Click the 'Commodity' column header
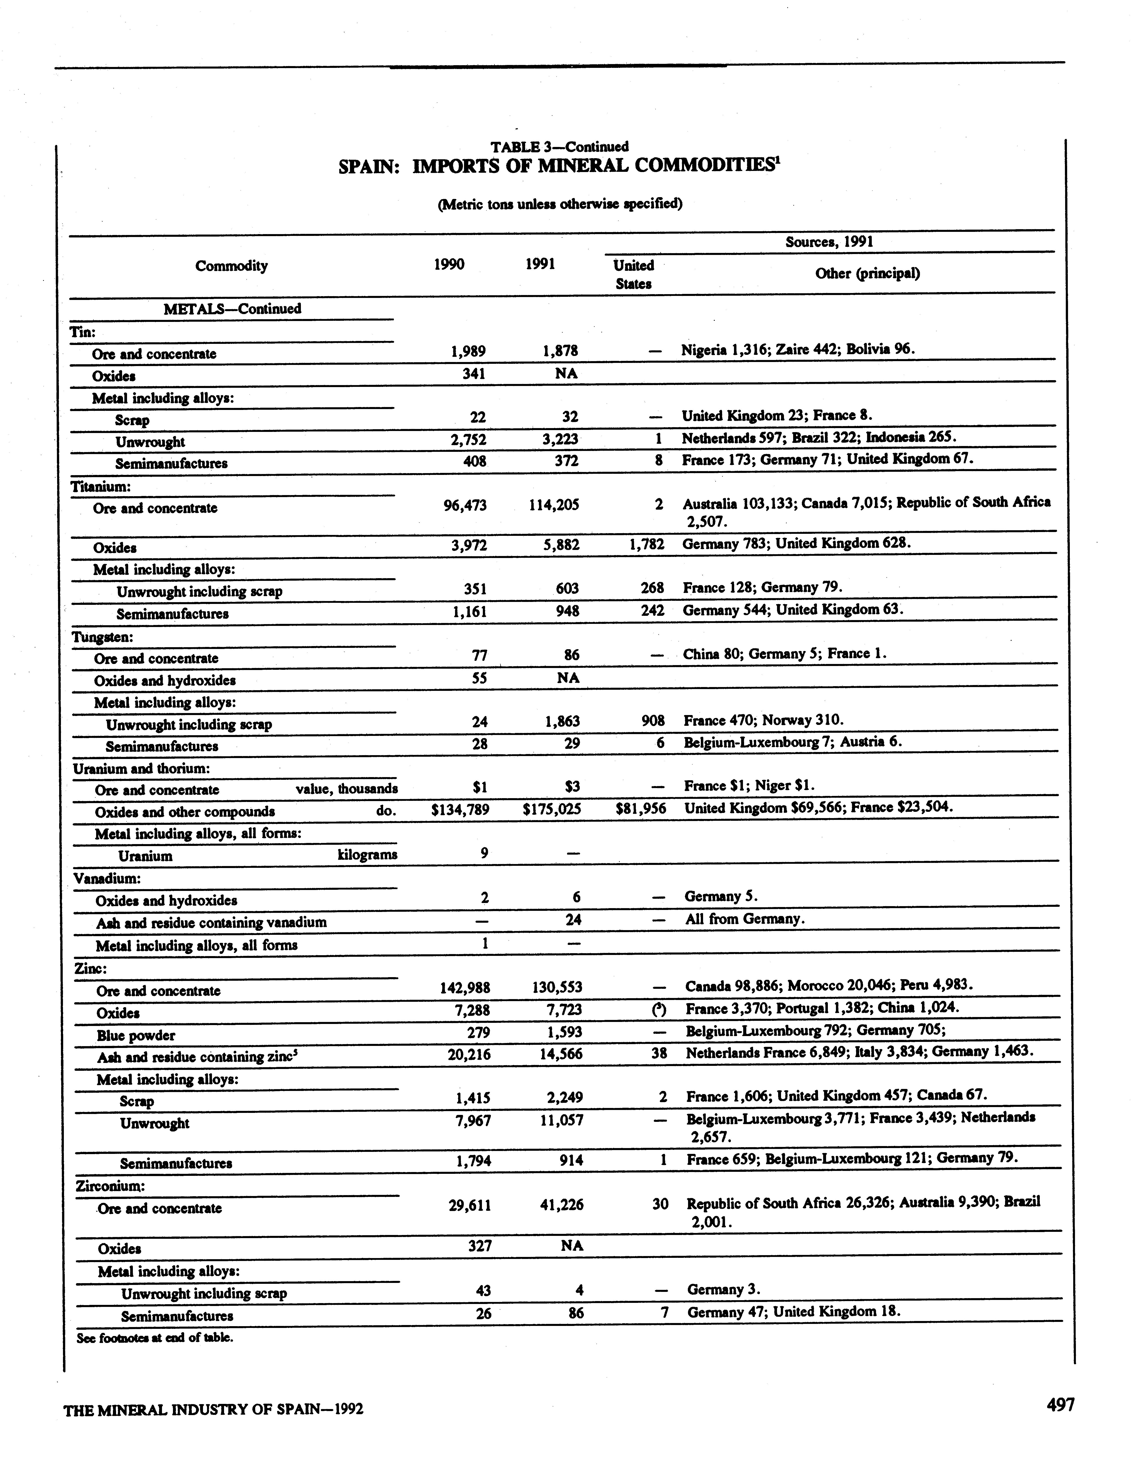pyautogui.click(x=232, y=266)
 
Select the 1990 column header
pyautogui.click(x=449, y=264)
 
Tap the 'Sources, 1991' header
pyautogui.click(x=829, y=242)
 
